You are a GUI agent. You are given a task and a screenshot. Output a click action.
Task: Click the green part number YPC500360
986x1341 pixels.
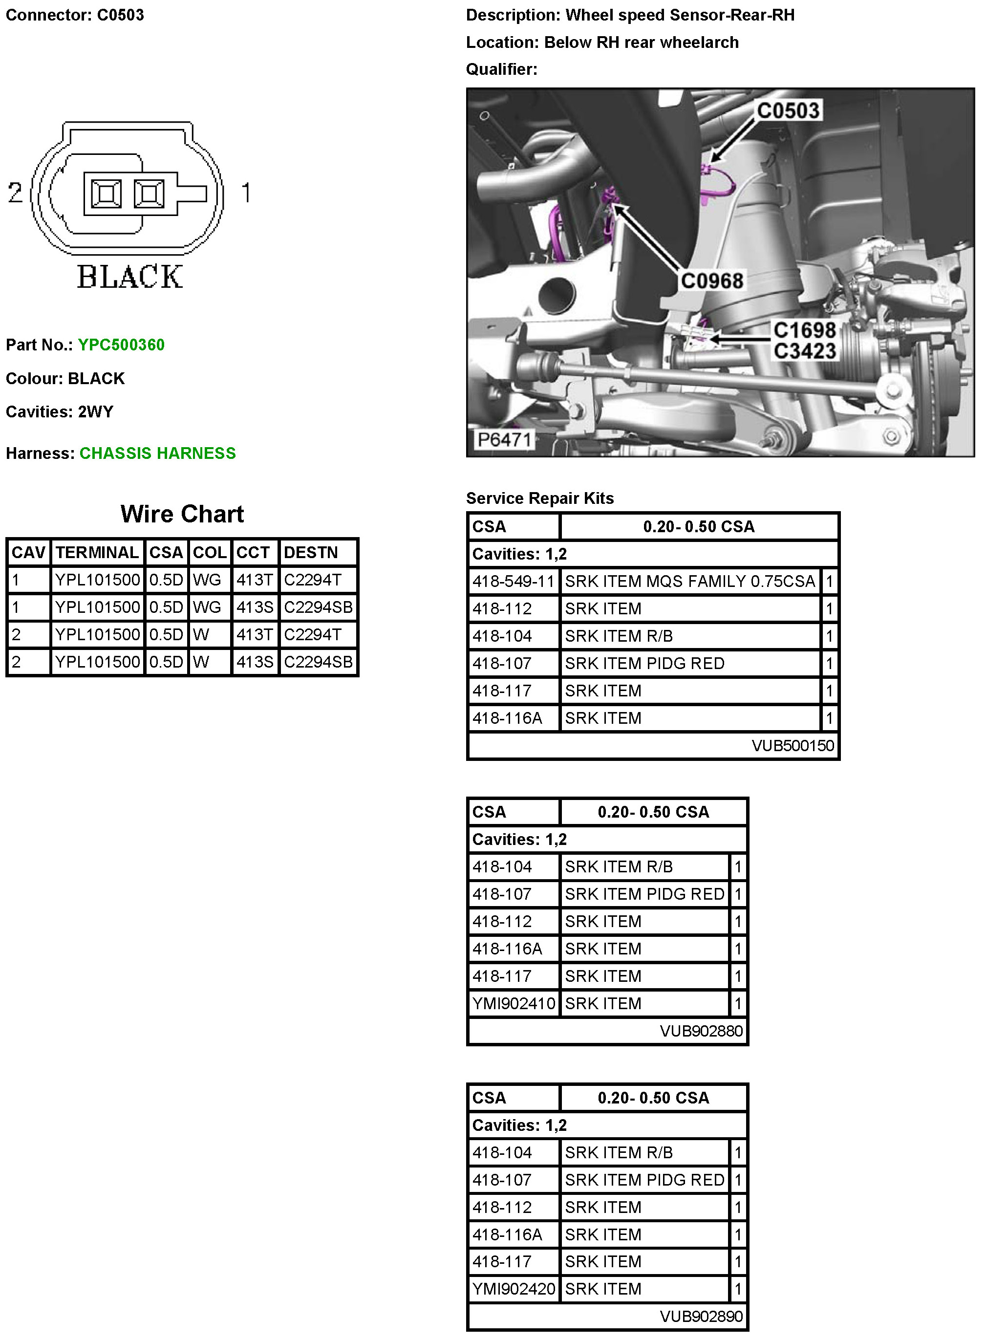[121, 345]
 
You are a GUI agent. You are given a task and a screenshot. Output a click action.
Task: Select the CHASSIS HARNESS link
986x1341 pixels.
[157, 454]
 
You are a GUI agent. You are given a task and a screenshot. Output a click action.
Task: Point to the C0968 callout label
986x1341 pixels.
[712, 281]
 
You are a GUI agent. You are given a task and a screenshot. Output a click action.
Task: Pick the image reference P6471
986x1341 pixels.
[504, 440]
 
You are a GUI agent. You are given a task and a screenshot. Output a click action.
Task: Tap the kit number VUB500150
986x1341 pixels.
[793, 745]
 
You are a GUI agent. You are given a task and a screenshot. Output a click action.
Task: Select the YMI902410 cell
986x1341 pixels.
[514, 1003]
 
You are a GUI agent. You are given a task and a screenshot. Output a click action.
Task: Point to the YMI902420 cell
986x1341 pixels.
[514, 1289]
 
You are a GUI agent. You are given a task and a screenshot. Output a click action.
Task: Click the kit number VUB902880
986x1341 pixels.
[701, 1031]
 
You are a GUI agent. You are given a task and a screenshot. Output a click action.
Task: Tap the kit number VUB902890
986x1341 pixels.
[701, 1316]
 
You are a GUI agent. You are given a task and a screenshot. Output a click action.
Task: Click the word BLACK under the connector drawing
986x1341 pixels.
[129, 277]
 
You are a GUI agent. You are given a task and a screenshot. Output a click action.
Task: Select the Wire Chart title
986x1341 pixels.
[182, 514]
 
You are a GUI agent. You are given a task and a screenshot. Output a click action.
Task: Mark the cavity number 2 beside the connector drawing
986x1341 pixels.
[15, 192]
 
